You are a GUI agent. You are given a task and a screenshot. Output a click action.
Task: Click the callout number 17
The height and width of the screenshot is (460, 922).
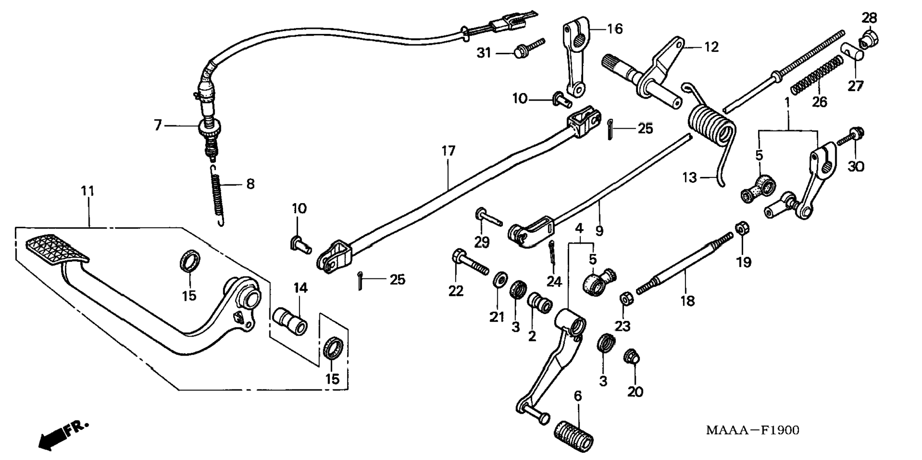(448, 152)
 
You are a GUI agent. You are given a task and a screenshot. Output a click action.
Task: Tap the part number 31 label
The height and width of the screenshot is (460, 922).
(484, 52)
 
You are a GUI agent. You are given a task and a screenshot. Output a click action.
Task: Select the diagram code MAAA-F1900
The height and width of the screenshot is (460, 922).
(753, 430)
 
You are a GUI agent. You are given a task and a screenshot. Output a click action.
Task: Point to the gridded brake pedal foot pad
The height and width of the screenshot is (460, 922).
(56, 248)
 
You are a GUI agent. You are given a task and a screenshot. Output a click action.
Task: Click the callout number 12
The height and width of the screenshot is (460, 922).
(711, 47)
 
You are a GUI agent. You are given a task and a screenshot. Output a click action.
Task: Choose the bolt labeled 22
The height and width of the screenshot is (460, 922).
(470, 262)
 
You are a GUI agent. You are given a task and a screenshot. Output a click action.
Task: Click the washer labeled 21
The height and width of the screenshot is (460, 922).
(500, 279)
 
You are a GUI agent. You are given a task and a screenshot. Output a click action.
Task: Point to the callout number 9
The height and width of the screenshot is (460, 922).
(599, 231)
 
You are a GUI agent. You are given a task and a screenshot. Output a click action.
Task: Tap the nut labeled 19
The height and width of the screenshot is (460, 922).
(742, 228)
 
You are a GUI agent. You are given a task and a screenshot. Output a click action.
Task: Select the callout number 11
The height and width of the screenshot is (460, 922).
(88, 191)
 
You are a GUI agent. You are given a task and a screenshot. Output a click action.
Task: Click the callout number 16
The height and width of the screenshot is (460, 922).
(615, 29)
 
